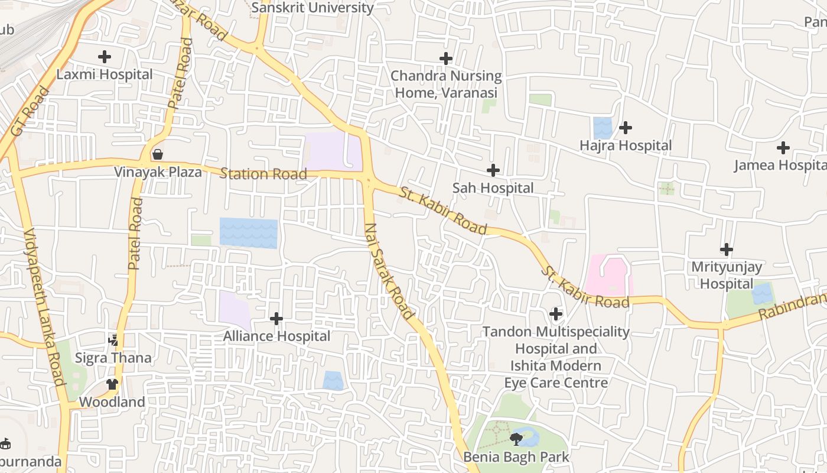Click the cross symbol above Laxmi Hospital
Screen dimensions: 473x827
click(x=105, y=57)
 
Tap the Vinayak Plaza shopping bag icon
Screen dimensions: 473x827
click(x=158, y=154)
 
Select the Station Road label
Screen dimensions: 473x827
click(x=263, y=174)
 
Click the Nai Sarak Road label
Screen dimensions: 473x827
click(x=389, y=271)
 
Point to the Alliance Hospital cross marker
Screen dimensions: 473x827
click(x=276, y=319)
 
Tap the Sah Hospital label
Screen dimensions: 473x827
click(x=493, y=188)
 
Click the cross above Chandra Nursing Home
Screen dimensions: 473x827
click(x=446, y=58)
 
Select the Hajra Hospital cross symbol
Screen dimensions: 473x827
click(x=626, y=127)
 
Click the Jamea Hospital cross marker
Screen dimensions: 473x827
click(x=783, y=148)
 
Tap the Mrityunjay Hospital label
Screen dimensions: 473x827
click(x=727, y=275)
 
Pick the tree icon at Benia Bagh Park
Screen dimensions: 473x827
click(x=516, y=438)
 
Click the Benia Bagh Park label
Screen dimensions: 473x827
click(x=516, y=457)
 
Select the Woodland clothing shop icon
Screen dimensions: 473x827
click(x=112, y=384)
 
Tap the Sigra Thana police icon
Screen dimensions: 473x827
click(x=113, y=340)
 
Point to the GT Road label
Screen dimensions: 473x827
click(x=28, y=112)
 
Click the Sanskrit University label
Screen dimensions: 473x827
click(x=312, y=8)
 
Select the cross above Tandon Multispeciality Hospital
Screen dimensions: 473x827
click(x=555, y=313)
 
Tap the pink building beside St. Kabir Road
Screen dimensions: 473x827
click(x=608, y=275)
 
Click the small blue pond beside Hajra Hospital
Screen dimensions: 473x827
click(x=603, y=128)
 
